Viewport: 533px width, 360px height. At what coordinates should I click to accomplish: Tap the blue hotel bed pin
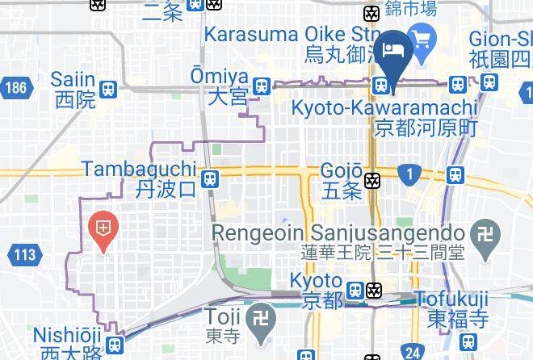point(396,50)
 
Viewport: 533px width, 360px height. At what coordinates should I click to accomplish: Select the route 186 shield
point(14,87)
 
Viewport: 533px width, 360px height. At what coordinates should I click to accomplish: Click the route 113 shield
point(26,255)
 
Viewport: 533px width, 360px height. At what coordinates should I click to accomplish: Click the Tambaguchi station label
point(139,178)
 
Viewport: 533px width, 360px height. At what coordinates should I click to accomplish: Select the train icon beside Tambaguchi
point(210,178)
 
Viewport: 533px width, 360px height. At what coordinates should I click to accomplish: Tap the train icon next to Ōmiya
point(261,86)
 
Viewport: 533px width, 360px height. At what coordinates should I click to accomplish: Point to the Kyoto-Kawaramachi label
point(384,117)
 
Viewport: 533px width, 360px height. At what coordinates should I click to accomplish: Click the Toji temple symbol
point(262,316)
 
